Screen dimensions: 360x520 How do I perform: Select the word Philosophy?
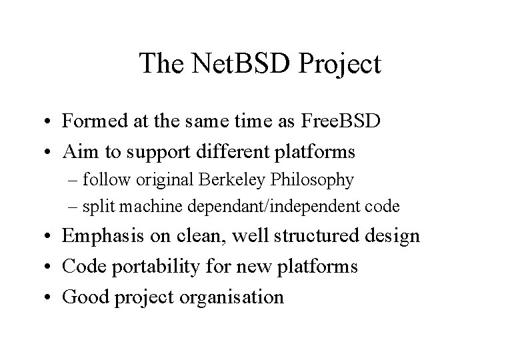tap(311, 180)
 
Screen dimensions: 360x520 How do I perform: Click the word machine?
tap(154, 207)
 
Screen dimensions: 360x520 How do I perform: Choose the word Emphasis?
tap(96, 237)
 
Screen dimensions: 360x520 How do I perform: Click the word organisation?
tap(233, 297)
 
